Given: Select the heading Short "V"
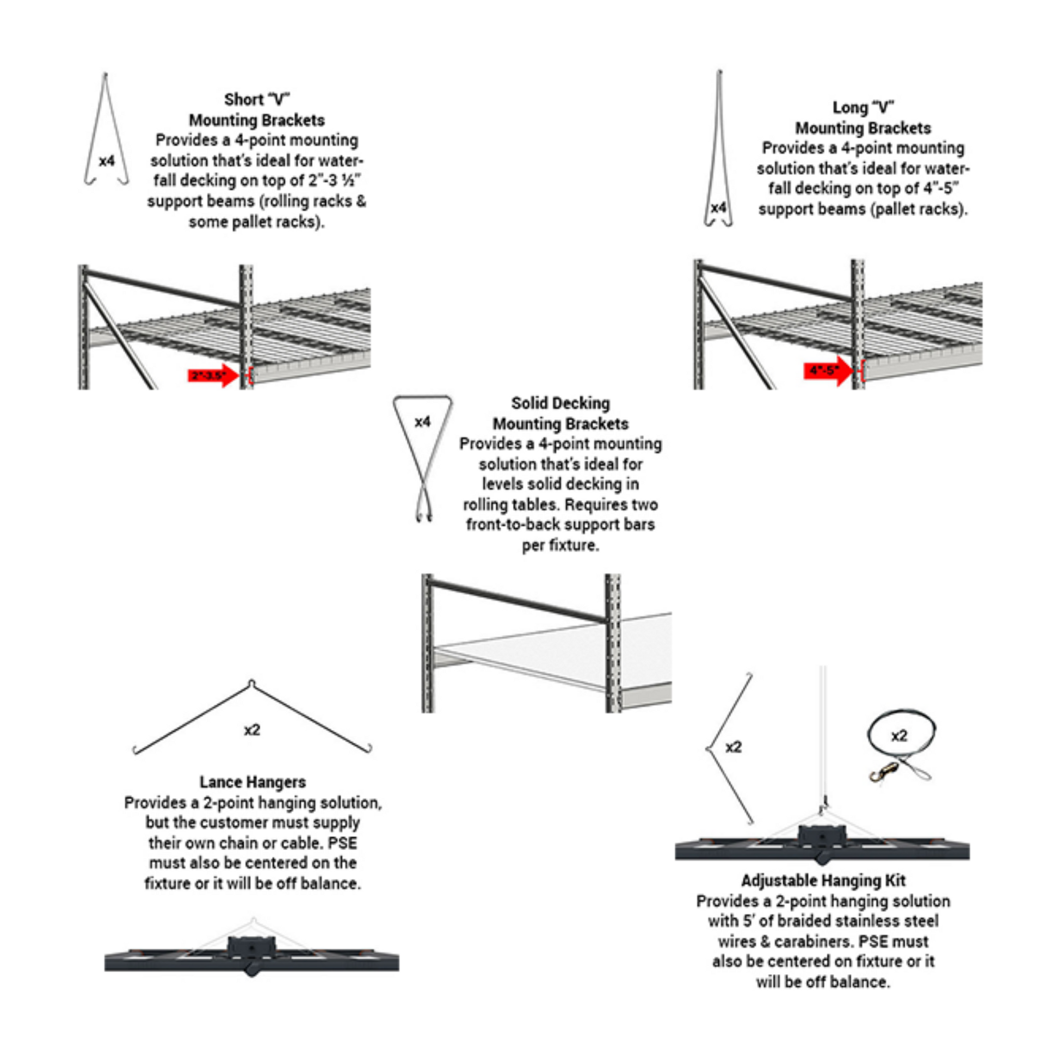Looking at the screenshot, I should pos(256,100).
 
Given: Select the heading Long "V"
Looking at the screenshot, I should pos(863,107).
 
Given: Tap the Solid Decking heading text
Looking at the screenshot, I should pos(560,403).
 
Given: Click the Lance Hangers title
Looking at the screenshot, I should pos(253,782).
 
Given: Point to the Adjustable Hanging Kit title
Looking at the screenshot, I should pos(823,881).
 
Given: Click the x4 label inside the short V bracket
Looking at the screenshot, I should pos(107,161).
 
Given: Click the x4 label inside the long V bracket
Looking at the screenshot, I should pos(718,208).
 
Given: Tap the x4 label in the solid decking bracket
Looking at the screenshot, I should pos(423,422).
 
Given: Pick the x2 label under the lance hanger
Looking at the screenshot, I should pos(252,730).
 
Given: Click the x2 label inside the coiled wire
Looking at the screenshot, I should pos(900,736).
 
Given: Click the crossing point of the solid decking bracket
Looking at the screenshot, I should pos(423,481).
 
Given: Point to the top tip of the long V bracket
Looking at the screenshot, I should pos(719,72).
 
